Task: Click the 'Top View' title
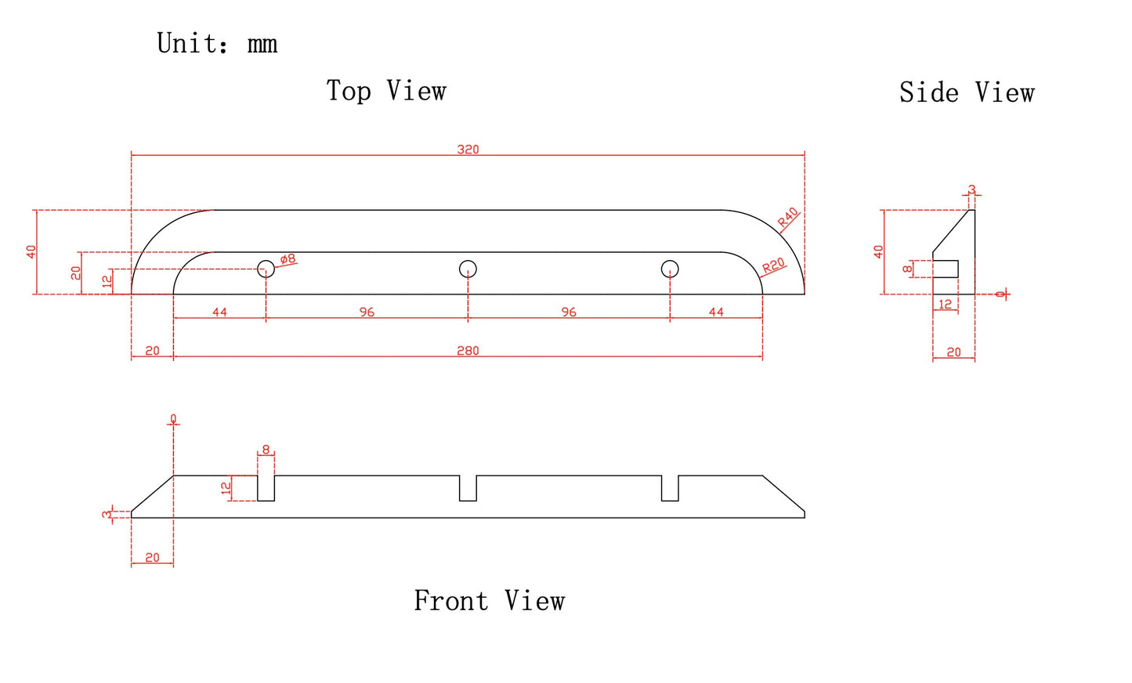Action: (x=386, y=91)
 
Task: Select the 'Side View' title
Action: (x=966, y=93)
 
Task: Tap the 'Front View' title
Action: (x=489, y=601)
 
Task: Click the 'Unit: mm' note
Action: (x=217, y=44)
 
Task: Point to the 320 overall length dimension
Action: (x=468, y=149)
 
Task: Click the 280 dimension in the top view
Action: (x=468, y=350)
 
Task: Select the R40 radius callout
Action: (x=788, y=217)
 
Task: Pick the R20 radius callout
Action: (x=773, y=266)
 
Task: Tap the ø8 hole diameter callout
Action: (x=288, y=258)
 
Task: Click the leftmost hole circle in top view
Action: (x=266, y=269)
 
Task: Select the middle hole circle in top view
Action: (x=468, y=269)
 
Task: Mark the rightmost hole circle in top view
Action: (x=670, y=269)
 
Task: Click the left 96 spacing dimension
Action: (x=367, y=312)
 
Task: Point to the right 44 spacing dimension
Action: (x=716, y=312)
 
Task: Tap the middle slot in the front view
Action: (x=468, y=488)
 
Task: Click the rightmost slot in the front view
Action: (x=670, y=488)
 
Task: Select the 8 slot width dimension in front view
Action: (x=266, y=450)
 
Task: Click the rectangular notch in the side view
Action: (x=946, y=269)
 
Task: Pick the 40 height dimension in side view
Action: (x=878, y=251)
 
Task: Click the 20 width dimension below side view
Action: (x=953, y=352)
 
